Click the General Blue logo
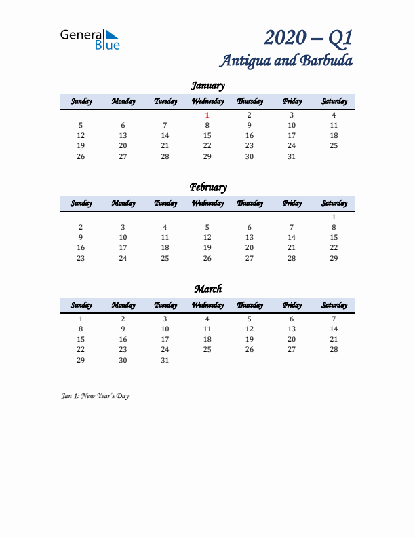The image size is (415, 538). click(x=90, y=39)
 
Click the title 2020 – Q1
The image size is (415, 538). click(x=309, y=37)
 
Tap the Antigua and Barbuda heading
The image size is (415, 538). click(x=285, y=60)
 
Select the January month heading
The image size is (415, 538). click(x=207, y=86)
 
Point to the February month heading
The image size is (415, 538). click(x=207, y=187)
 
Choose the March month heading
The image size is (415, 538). click(x=207, y=289)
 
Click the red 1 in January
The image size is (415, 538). click(x=207, y=115)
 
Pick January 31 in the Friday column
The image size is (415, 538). click(x=292, y=156)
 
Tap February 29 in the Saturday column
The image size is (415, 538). click(x=334, y=258)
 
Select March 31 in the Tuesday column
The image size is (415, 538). click(x=165, y=360)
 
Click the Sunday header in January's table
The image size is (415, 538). click(x=81, y=102)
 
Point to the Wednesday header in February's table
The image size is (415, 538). click(x=207, y=204)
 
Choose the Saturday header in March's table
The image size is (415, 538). click(x=334, y=306)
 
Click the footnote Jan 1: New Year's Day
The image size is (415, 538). click(x=95, y=396)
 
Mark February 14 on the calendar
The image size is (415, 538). click(x=292, y=238)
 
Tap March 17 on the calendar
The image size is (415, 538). click(x=165, y=340)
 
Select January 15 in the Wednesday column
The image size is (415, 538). click(x=207, y=136)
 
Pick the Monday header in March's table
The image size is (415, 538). click(x=123, y=306)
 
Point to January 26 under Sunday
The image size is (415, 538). click(x=81, y=156)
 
